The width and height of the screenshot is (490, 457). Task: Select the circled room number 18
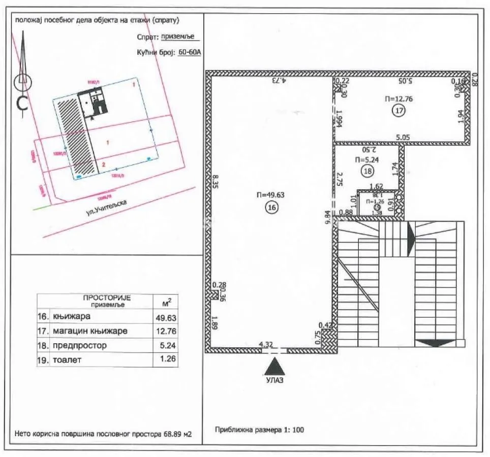368,171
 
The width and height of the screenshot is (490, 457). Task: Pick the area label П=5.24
367,159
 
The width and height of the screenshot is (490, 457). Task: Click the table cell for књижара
71,316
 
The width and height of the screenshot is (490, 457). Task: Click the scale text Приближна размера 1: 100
260,430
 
